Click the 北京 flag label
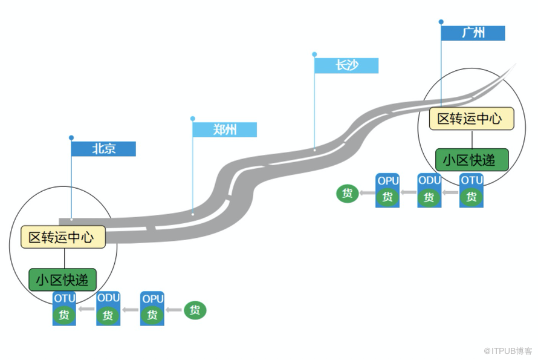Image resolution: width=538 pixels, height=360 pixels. coord(103,149)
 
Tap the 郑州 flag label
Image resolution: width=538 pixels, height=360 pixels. coord(224,129)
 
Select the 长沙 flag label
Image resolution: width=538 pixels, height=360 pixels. coord(346,65)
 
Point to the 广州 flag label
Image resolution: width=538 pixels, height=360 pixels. coord(473,33)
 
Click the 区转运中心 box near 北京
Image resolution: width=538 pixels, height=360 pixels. coord(63,237)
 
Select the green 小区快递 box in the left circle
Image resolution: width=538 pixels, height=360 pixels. coord(62,279)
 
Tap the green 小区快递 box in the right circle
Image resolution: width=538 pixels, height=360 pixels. coord(472,160)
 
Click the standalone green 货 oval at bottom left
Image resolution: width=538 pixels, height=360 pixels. coord(195,310)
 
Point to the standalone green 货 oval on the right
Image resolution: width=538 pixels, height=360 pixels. coord(348,194)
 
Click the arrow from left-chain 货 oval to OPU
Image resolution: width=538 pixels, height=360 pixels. coord(174,310)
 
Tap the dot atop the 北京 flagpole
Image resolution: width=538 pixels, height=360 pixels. coord(71,138)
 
